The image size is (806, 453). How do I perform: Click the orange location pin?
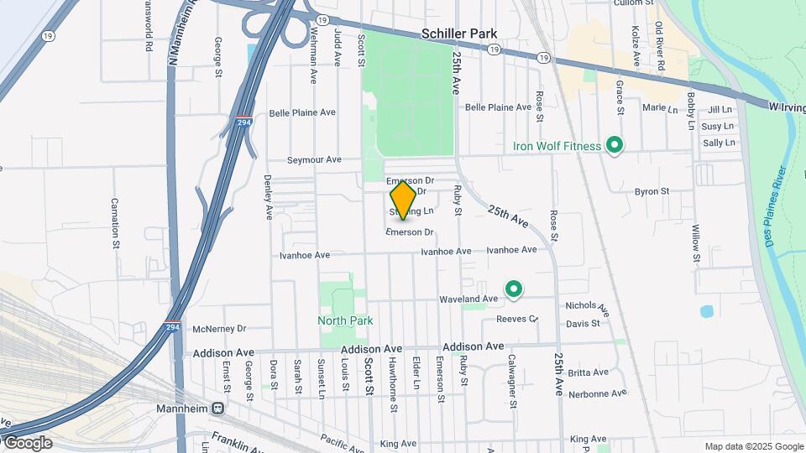click(x=403, y=200)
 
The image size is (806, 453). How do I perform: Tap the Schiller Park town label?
click(x=460, y=34)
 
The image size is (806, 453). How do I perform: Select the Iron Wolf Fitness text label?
click(x=557, y=146)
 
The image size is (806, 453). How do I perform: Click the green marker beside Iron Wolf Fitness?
click(x=615, y=146)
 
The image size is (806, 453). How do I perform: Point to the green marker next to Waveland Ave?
click(x=513, y=290)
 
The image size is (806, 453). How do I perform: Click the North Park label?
click(x=344, y=320)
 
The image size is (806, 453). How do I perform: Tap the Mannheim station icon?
click(x=217, y=409)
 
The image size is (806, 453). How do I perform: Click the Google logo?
click(x=27, y=442)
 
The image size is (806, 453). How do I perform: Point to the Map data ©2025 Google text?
click(x=753, y=446)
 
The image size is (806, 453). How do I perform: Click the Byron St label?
click(x=652, y=191)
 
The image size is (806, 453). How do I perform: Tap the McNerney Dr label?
click(x=219, y=329)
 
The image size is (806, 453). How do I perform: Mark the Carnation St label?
click(x=114, y=224)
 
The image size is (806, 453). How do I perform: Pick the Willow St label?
click(x=695, y=242)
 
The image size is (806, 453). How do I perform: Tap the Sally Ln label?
click(x=718, y=143)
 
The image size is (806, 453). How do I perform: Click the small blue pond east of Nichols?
click(x=707, y=311)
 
